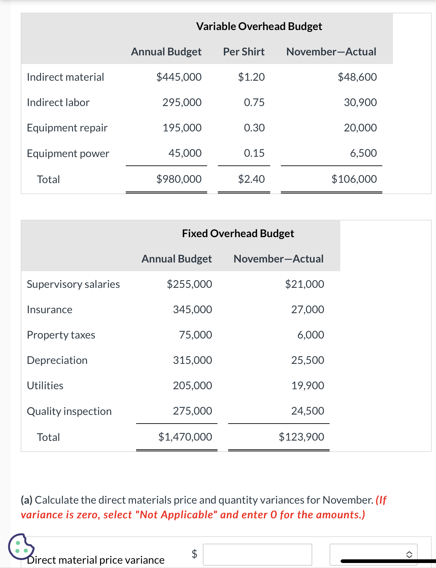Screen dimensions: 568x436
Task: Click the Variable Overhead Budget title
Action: (x=259, y=26)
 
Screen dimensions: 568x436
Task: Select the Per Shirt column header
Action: (x=244, y=52)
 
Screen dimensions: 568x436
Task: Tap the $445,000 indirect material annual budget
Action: (x=179, y=77)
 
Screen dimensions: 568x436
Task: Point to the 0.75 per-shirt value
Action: (x=254, y=102)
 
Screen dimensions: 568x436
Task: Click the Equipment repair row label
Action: (x=67, y=128)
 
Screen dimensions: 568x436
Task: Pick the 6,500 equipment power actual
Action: (x=363, y=153)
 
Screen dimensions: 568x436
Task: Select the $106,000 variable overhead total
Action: (x=354, y=179)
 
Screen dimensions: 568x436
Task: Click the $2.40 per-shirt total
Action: (x=251, y=179)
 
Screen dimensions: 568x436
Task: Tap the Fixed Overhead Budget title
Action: (x=238, y=233)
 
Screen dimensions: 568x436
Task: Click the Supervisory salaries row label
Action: (x=73, y=284)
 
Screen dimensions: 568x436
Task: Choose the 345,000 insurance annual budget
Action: (x=192, y=310)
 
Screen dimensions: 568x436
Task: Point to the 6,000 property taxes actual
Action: (x=311, y=335)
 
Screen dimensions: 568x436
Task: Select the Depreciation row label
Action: (x=57, y=360)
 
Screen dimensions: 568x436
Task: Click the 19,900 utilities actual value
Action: (x=308, y=386)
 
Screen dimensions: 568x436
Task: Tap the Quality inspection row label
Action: (x=69, y=411)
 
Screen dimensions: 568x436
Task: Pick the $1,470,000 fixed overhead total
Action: (x=185, y=437)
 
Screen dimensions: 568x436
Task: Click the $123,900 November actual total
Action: (x=301, y=437)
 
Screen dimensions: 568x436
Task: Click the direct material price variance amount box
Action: (x=257, y=554)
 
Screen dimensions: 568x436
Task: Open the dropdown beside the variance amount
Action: (x=373, y=554)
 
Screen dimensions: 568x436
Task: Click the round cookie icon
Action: (x=21, y=546)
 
